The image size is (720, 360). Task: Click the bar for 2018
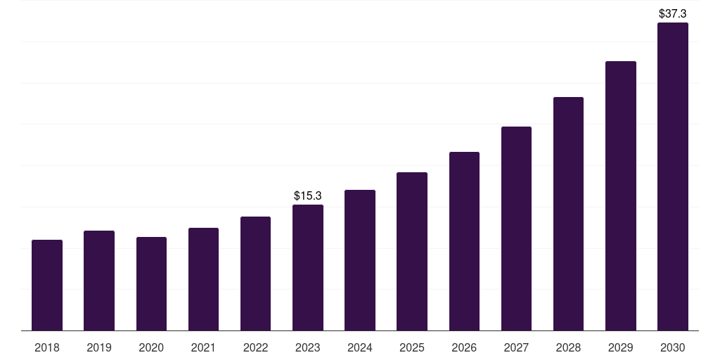point(47,285)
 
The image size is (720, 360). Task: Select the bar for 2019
point(99,281)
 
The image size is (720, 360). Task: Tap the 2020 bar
point(152,284)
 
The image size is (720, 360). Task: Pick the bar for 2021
point(203,279)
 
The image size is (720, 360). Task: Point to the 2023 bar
point(308,268)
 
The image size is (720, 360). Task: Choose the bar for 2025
point(412,252)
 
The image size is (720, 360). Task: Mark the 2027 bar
point(516,229)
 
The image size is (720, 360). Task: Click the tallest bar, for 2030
point(673,176)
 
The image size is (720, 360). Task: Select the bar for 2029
point(621,196)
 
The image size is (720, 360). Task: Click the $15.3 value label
point(308,196)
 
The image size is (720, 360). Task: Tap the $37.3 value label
point(673,14)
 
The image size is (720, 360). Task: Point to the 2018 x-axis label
point(47,347)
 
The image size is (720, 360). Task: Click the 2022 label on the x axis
point(255,347)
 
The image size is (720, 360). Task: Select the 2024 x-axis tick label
point(359,347)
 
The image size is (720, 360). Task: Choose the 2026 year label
point(464,347)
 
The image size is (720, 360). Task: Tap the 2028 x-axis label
point(568,347)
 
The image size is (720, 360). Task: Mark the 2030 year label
point(673,347)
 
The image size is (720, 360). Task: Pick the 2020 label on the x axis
point(151,347)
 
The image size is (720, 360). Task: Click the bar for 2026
point(464,242)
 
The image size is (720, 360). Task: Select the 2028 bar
point(568,214)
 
